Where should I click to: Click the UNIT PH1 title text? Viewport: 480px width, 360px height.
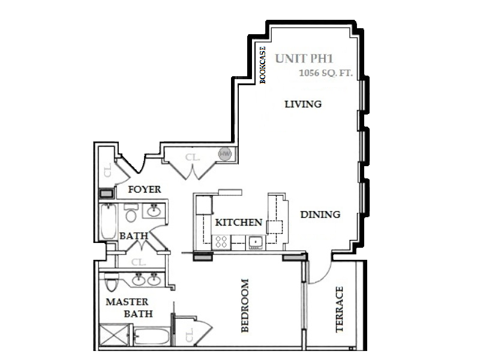(304, 58)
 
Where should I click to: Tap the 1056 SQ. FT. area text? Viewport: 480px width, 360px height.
(326, 73)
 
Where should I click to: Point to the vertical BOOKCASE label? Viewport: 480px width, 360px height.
(263, 65)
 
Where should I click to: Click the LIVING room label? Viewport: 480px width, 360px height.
(303, 104)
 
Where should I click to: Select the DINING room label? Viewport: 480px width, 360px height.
(320, 214)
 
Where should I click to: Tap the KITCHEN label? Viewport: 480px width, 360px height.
(239, 222)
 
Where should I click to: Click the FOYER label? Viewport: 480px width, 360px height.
(145, 190)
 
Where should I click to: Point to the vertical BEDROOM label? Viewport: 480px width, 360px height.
(245, 305)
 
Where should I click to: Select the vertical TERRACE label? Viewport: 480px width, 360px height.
(339, 309)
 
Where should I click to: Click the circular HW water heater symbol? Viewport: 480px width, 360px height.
(225, 154)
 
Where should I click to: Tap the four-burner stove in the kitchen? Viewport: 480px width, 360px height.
(221, 242)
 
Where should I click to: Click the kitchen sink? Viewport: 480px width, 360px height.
(255, 242)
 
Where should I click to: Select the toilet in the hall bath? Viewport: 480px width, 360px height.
(131, 212)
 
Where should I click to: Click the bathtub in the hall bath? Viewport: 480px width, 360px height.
(109, 221)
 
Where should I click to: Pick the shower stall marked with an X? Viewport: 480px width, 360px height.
(114, 335)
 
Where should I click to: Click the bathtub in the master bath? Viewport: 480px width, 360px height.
(152, 336)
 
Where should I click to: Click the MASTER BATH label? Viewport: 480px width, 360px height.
(129, 308)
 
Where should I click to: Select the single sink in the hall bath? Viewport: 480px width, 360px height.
(154, 211)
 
